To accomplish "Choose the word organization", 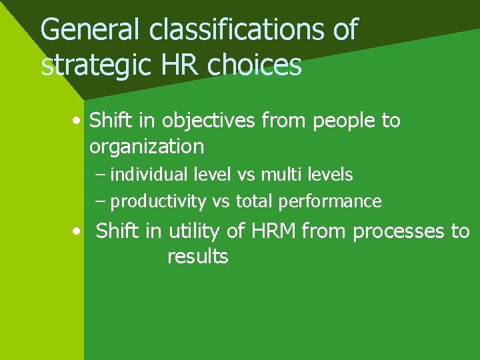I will click(x=146, y=145).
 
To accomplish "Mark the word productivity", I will click(x=158, y=201).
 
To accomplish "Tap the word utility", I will click(x=193, y=232).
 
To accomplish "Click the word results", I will click(x=197, y=257).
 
